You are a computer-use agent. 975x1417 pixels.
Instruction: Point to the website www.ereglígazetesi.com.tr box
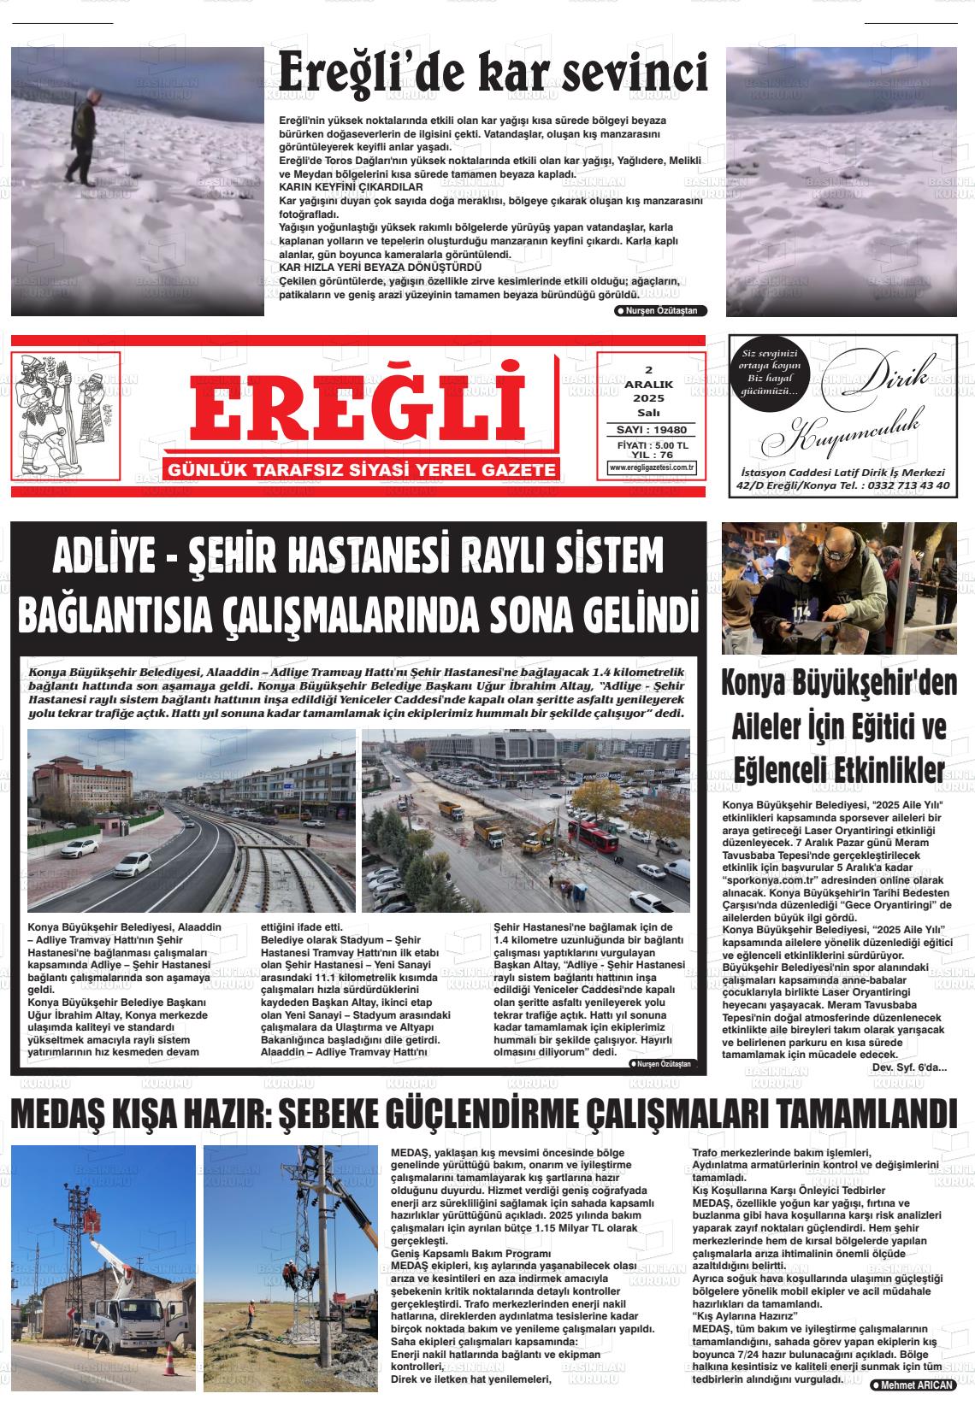pos(652,467)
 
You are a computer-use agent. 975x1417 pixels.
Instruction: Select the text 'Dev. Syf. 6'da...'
pos(909,1067)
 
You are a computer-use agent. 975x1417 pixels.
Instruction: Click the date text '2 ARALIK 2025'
pos(648,385)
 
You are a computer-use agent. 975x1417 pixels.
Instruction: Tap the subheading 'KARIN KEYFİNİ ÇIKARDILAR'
pos(352,186)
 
